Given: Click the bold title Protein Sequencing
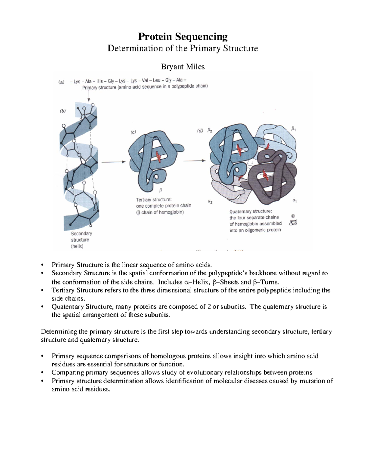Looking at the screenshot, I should [x=183, y=37].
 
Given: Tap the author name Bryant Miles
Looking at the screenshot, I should [x=183, y=67].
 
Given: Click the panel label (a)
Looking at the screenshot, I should [x=62, y=82].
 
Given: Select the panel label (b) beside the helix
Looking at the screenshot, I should [x=63, y=111].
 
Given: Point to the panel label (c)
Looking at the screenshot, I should [x=133, y=132].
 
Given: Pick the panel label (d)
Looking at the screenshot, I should [x=200, y=131].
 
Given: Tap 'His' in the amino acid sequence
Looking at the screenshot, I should [x=100, y=81].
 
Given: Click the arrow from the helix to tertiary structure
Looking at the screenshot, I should [x=113, y=162].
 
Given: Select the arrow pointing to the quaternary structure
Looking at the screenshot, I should [x=194, y=161].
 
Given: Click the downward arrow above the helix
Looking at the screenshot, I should [x=89, y=97].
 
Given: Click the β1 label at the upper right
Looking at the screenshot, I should [x=293, y=129].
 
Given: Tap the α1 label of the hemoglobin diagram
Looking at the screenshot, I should [x=295, y=201].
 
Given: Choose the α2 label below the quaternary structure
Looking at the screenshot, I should [x=210, y=202].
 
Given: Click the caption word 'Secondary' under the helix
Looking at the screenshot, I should [x=81, y=234].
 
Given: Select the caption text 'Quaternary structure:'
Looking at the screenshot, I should [x=250, y=211].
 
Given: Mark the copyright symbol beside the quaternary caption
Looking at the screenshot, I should [x=293, y=216].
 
